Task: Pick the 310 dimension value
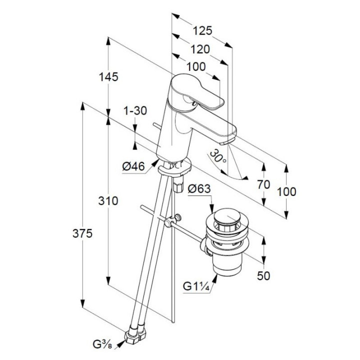(108, 201)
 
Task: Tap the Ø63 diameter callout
(200, 188)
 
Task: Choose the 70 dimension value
(263, 184)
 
